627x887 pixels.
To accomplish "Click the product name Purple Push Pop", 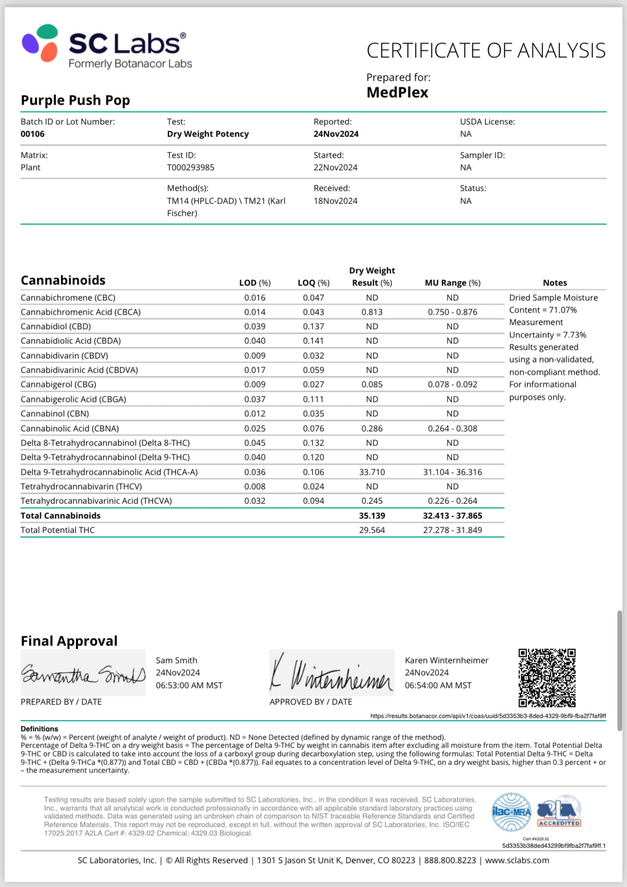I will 75,101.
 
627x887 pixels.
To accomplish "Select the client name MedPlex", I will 397,93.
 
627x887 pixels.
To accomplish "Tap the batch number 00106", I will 32,134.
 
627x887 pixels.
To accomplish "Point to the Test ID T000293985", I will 190,168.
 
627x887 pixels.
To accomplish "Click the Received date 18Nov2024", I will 335,201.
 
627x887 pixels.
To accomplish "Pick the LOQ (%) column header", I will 313,283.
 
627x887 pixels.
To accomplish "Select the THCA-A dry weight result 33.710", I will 372,472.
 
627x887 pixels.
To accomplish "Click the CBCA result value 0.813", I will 372,312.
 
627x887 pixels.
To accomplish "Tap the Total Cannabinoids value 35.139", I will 372,516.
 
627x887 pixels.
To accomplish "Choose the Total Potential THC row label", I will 57,530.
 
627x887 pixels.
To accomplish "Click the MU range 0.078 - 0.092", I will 452,384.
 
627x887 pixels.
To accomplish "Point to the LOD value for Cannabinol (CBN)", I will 255,414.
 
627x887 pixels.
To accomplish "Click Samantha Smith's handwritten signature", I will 83,674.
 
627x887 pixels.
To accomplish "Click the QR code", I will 547,677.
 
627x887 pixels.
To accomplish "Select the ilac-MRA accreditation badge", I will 511,812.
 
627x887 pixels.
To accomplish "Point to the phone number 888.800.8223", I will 450,860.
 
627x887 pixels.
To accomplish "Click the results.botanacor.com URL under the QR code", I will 488,716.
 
